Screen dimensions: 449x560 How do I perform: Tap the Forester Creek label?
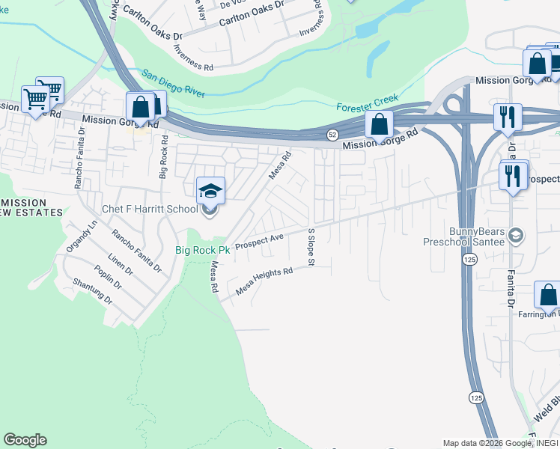coord(368,103)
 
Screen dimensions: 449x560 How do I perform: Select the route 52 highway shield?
coord(332,134)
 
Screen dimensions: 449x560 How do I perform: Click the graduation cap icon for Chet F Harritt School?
coord(210,192)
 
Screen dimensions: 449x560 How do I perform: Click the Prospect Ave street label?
coord(259,242)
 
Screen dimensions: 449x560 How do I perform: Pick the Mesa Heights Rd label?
coord(264,282)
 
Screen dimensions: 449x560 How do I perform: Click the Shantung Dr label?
coord(92,290)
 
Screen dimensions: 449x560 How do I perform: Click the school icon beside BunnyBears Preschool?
coord(514,236)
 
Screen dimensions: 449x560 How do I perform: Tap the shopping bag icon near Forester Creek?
coord(380,124)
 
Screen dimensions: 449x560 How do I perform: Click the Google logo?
coord(25,440)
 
